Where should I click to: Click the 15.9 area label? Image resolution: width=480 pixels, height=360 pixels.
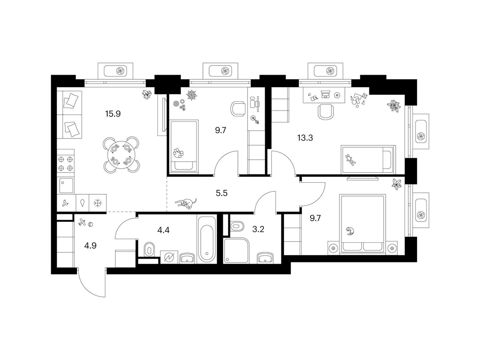[113, 114]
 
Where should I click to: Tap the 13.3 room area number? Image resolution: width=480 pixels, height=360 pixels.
[305, 138]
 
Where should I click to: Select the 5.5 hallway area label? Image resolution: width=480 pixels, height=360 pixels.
[222, 193]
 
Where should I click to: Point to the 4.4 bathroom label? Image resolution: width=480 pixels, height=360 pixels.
[163, 230]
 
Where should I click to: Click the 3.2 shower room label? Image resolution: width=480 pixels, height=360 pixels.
[258, 229]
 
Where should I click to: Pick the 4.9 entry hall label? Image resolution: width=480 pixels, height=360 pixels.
[90, 246]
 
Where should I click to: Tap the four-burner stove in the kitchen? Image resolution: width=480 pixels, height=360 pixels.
[66, 164]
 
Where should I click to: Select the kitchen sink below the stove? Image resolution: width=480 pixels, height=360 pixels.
[66, 186]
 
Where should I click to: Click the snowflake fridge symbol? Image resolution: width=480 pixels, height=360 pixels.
[98, 202]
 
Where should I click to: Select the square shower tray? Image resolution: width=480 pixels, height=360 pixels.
[237, 250]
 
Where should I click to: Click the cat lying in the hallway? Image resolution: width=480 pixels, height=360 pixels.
[186, 204]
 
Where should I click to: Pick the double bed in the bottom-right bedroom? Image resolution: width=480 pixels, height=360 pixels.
[362, 224]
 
